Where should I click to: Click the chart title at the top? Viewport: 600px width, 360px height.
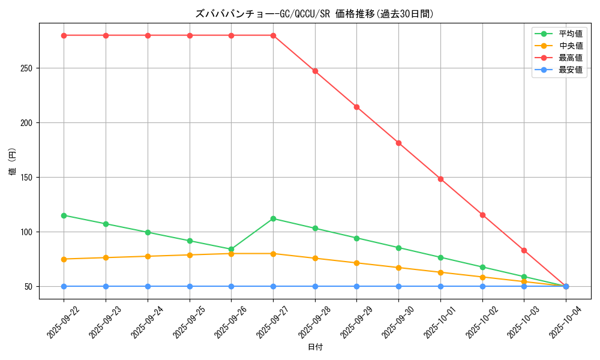[x=314, y=14]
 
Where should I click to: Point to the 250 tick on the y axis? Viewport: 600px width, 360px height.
[x=26, y=68]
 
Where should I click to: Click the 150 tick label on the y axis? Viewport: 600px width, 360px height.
[x=26, y=178]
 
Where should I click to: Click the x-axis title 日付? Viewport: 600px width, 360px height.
[x=314, y=347]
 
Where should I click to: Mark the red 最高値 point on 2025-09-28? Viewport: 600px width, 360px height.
[x=315, y=71]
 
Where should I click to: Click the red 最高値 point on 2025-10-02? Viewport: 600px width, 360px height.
[x=482, y=215]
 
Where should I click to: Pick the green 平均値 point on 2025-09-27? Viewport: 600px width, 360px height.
[x=273, y=218]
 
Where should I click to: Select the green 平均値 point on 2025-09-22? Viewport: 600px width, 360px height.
[x=64, y=215]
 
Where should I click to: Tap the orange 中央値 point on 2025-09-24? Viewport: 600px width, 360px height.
[x=148, y=256]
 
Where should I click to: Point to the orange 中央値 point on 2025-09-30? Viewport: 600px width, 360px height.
[x=398, y=268]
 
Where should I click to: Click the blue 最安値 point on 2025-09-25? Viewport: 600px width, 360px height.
[x=190, y=286]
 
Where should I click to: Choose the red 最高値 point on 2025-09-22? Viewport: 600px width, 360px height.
[x=64, y=35]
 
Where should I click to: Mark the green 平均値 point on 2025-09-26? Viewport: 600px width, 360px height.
[x=231, y=249]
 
